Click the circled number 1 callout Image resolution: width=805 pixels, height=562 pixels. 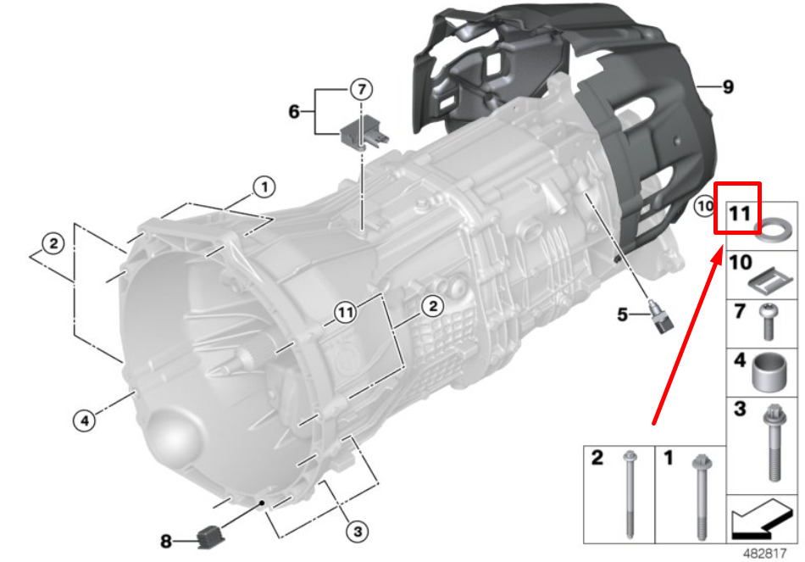264,187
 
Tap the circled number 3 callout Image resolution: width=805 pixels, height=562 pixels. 358,531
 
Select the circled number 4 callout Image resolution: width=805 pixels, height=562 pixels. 84,420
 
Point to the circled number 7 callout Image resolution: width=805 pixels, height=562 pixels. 362,90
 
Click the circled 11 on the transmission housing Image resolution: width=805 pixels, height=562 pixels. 345,312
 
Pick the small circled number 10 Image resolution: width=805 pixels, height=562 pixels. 704,206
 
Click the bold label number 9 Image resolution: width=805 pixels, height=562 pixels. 728,86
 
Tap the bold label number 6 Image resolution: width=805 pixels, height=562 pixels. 294,111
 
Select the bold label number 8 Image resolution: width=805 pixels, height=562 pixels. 166,541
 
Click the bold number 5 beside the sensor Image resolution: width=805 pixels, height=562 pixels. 622,314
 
